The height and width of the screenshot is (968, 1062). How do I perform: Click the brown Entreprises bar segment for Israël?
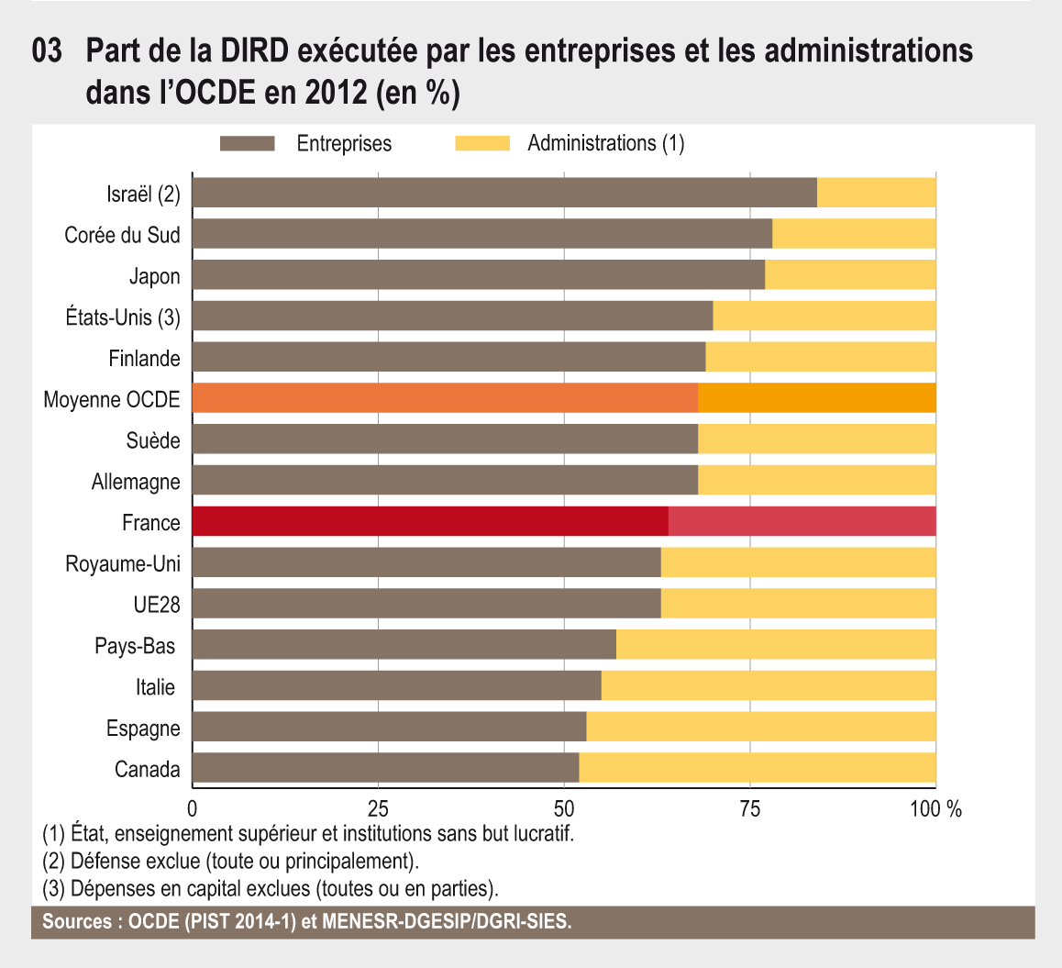[x=504, y=193]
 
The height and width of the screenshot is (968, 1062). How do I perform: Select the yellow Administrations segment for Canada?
[x=758, y=768]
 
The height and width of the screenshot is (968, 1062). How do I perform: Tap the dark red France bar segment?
[x=430, y=521]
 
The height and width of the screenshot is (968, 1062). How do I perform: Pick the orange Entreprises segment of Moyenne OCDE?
[x=445, y=398]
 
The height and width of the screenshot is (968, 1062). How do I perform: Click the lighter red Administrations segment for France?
[x=802, y=521]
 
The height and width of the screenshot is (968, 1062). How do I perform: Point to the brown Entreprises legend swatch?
[x=247, y=143]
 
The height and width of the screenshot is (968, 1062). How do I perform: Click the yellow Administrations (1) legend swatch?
[x=481, y=143]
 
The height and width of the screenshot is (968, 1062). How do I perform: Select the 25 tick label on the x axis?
[x=378, y=809]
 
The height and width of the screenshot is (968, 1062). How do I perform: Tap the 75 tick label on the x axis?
[x=750, y=809]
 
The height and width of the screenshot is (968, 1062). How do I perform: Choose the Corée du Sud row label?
[x=122, y=235]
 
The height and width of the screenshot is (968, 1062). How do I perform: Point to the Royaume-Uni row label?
[x=122, y=563]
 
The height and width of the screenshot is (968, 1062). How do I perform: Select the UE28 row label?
[x=156, y=605]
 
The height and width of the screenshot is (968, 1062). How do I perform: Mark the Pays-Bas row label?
[x=135, y=646]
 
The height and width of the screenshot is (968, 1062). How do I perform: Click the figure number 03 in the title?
[x=47, y=52]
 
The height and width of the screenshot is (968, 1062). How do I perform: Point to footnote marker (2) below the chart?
[x=53, y=862]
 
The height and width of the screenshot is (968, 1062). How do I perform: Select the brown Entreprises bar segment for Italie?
[x=396, y=685]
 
